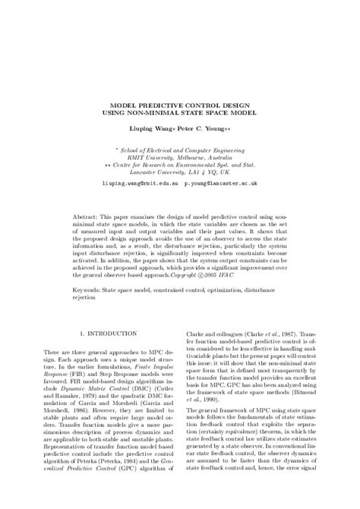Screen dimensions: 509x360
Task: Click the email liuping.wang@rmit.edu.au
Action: pyautogui.click(x=131, y=183)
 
